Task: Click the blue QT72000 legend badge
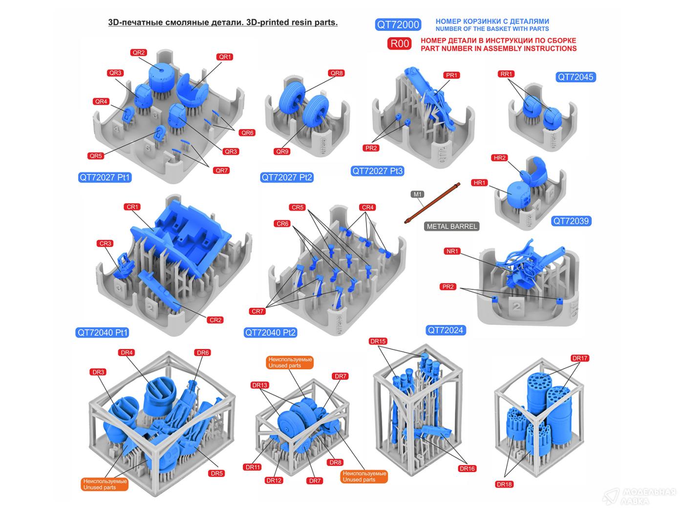coord(398,24)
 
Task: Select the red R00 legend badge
coord(399,43)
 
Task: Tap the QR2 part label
coord(139,53)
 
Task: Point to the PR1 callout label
coord(451,75)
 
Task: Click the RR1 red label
coord(506,74)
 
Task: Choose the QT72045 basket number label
coord(575,77)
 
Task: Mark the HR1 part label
coord(479,183)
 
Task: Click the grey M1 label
coord(418,194)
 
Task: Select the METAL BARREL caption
coord(451,226)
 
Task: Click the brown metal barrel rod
coord(432,203)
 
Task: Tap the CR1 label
coord(132,207)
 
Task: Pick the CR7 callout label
coord(257,311)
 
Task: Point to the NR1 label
coord(452,251)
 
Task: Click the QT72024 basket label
coord(446,330)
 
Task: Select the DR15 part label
coord(378,342)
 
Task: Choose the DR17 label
coord(579,358)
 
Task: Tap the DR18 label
coord(504,484)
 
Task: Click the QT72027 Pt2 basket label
coord(287,177)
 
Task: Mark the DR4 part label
coord(127,353)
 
